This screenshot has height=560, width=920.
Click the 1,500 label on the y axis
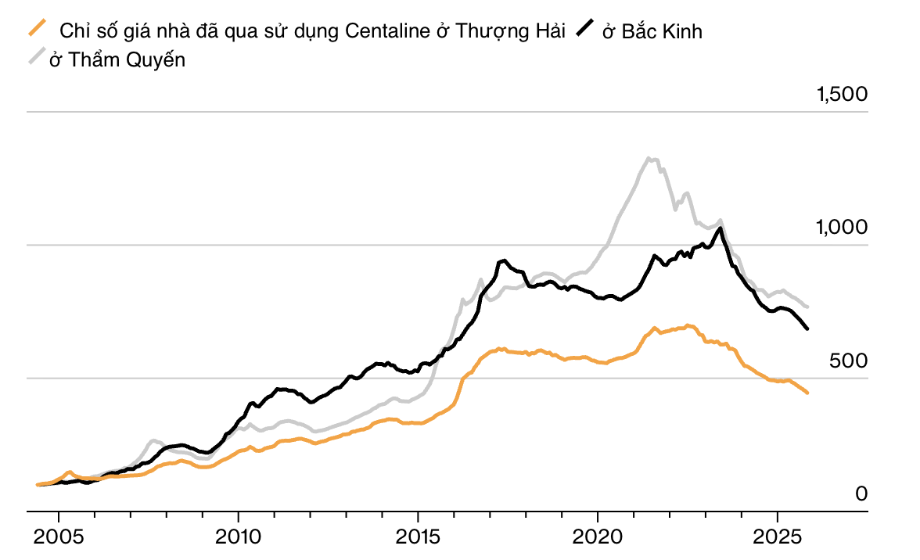pos(842,95)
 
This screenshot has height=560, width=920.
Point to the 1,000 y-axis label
pos(842,228)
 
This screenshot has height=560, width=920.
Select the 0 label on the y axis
pos(861,494)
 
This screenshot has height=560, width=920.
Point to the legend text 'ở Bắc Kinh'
pos(652,31)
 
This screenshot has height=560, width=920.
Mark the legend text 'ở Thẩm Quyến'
pos(117,59)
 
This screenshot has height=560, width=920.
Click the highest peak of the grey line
pos(649,158)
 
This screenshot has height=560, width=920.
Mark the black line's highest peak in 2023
pos(719,228)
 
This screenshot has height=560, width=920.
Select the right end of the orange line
pos(807,393)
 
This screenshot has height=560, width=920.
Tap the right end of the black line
pos(807,328)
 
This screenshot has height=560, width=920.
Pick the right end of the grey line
pos(807,307)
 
